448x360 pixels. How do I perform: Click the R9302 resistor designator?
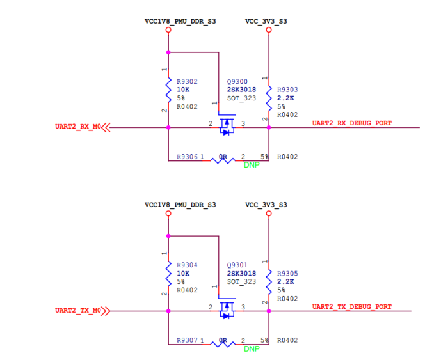coord(187,82)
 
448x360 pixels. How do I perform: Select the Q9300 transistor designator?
coord(237,82)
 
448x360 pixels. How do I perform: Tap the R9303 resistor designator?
coord(287,90)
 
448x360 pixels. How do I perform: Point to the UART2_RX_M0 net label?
coord(78,127)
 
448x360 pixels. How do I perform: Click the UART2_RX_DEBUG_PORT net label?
coord(351,123)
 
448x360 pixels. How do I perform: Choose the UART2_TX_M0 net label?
coord(78,311)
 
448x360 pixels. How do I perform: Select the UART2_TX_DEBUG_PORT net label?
coord(351,307)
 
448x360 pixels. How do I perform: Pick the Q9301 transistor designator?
coord(237,265)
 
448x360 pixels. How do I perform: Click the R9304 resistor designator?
coord(187,265)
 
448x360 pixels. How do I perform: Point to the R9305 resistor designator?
coord(287,274)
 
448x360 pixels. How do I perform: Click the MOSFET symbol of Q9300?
coord(227,125)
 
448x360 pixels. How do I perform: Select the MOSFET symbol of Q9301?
coord(227,309)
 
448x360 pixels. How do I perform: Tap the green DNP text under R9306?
coord(252,165)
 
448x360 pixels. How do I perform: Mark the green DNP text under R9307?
coord(252,349)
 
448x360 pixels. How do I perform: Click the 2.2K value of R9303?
coord(285,98)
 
